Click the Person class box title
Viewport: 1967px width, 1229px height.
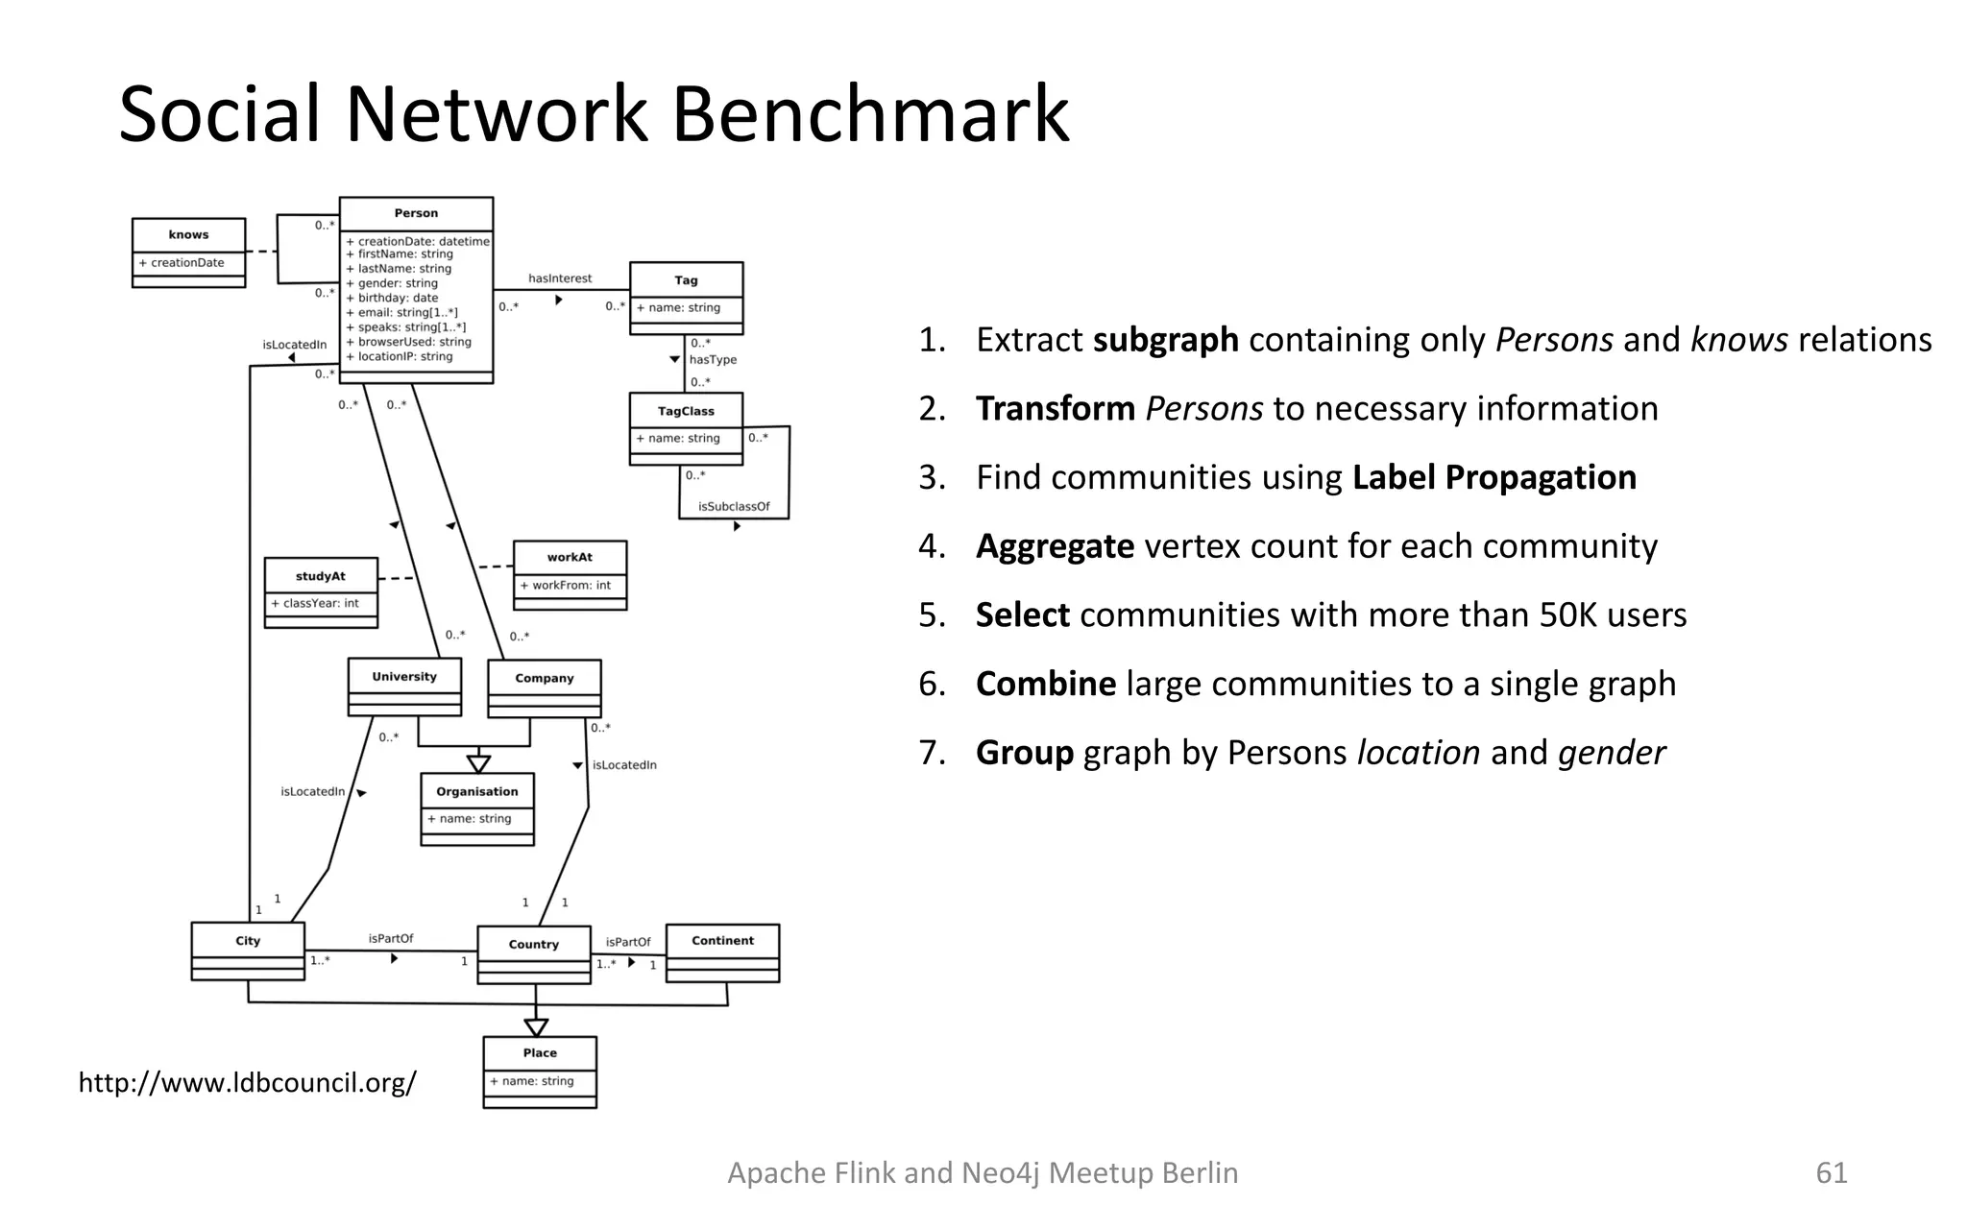point(416,213)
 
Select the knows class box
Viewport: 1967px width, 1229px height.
point(188,253)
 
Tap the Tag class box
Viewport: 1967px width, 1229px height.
point(686,298)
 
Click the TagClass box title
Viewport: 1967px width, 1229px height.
point(686,411)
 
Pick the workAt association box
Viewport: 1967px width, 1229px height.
point(570,574)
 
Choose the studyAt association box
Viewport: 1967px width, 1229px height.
point(321,592)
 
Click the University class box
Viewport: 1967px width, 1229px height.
point(404,686)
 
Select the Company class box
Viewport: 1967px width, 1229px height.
point(544,687)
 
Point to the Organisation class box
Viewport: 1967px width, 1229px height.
point(477,808)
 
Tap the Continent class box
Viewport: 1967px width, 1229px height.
point(722,952)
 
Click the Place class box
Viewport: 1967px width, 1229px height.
point(540,1071)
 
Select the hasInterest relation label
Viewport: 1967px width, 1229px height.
point(560,278)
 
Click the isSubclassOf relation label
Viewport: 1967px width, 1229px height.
point(734,506)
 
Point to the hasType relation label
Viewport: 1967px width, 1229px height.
point(713,360)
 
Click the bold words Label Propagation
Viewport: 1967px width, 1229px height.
point(1493,477)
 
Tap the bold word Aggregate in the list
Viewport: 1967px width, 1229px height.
point(1055,546)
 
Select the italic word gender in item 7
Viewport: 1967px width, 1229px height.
point(1611,753)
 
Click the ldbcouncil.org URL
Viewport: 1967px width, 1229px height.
point(247,1083)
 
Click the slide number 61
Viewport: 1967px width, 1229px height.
point(1831,1172)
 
